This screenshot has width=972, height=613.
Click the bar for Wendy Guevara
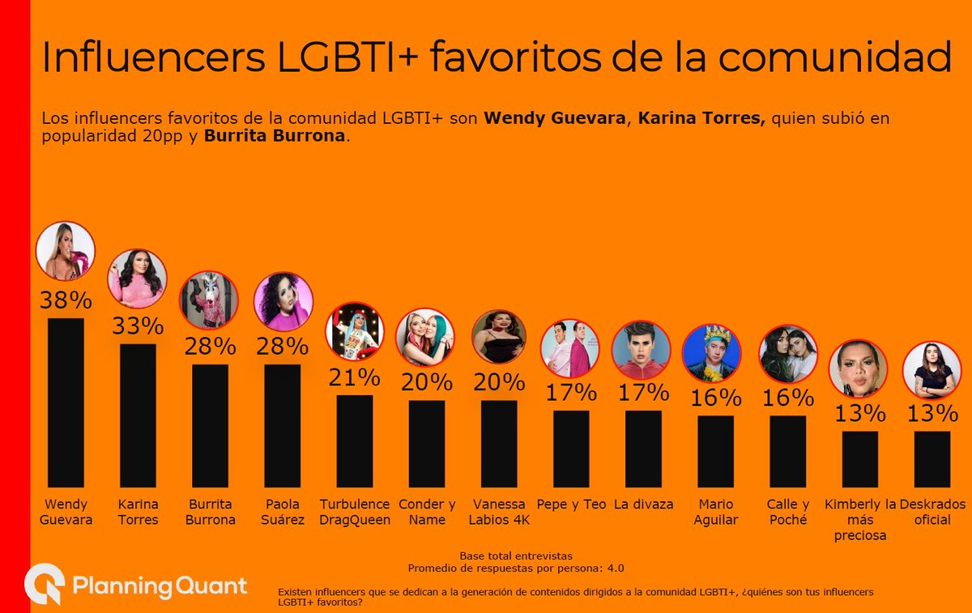[66, 402]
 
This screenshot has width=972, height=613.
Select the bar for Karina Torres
[138, 415]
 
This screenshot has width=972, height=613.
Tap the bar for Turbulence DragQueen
[355, 441]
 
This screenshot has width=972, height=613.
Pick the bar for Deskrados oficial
[932, 458]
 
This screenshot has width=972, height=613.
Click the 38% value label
[66, 300]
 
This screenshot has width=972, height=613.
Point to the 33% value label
[138, 326]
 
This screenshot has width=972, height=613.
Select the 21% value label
[355, 377]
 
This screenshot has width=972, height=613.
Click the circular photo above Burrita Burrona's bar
[208, 300]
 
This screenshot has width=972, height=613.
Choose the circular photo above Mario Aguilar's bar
[712, 352]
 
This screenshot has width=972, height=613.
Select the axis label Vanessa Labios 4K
[499, 512]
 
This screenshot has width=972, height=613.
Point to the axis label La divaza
[644, 504]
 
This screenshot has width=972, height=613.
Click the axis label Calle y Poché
[788, 512]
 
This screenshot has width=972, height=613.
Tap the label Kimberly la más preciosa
[860, 519]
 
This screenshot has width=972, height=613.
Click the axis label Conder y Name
[427, 512]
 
